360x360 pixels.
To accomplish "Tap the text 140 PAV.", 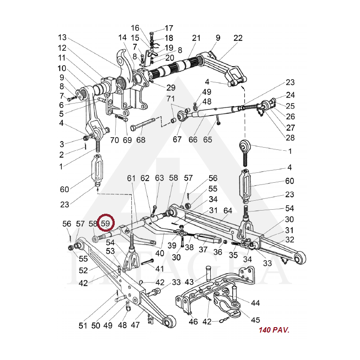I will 274,330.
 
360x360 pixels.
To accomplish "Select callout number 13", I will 62,37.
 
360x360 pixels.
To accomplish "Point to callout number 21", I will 196,38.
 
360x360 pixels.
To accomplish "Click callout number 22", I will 238,38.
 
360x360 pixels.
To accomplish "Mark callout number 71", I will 170,98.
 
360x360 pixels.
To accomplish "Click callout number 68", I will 141,140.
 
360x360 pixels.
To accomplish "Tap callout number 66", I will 193,140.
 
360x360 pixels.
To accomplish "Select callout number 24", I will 290,95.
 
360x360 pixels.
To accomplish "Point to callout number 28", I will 290,137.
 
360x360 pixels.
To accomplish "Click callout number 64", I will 228,210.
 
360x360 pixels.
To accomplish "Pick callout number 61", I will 131,179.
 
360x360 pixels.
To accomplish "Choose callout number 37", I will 203,250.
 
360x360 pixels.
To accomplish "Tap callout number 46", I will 193,322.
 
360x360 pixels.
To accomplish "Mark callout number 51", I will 82,325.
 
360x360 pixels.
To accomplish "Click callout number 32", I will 290,239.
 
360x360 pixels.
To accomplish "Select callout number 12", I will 62,48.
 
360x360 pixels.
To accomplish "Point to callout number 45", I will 255,320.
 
